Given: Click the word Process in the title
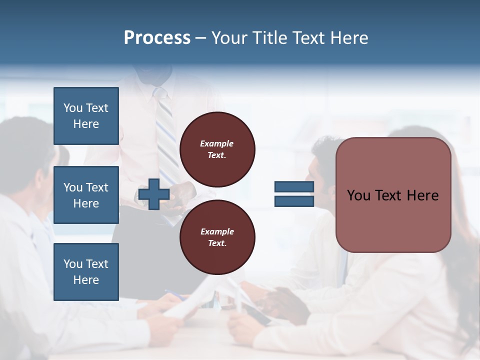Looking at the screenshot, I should pyautogui.click(x=157, y=38).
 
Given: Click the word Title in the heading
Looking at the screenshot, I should pyautogui.click(x=268, y=38).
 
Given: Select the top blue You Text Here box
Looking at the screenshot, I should pyautogui.click(x=86, y=116).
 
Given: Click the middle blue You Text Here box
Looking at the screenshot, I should pyautogui.click(x=86, y=195).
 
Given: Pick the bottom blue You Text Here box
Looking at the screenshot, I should pyautogui.click(x=86, y=272).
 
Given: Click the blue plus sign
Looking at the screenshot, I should pyautogui.click(x=154, y=194).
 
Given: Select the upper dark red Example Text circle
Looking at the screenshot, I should pyautogui.click(x=217, y=149).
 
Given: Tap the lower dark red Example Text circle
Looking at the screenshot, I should pyautogui.click(x=217, y=237).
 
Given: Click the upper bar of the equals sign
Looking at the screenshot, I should pyautogui.click(x=294, y=187).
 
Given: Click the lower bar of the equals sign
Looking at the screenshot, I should pyautogui.click(x=294, y=201).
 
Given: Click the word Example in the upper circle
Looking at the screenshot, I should pyautogui.click(x=217, y=143).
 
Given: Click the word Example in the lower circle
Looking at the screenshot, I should pyautogui.click(x=217, y=231).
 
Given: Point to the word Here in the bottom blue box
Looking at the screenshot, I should pyautogui.click(x=86, y=280).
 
